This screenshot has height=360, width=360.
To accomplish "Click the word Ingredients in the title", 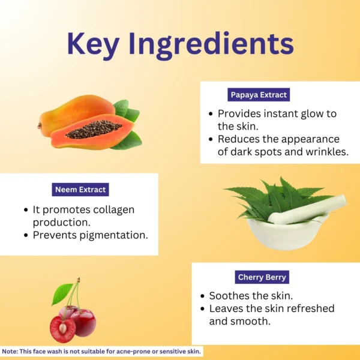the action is click(211, 45).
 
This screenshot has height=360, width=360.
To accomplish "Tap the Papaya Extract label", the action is click(259, 95).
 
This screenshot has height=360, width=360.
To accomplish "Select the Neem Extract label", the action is click(80, 190).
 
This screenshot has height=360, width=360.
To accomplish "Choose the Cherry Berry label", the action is click(262, 277).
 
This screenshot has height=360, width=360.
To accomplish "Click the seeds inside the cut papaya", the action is click(94, 129).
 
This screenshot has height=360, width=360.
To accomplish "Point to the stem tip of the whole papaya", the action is click(40, 126).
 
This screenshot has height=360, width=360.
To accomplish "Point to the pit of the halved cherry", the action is click(63, 328).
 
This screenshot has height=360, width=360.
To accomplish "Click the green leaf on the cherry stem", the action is click(61, 293).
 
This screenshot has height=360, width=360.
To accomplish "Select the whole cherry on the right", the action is click(84, 323).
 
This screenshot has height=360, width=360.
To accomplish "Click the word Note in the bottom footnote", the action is click(10, 352).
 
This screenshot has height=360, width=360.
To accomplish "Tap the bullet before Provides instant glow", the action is click(211, 114).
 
